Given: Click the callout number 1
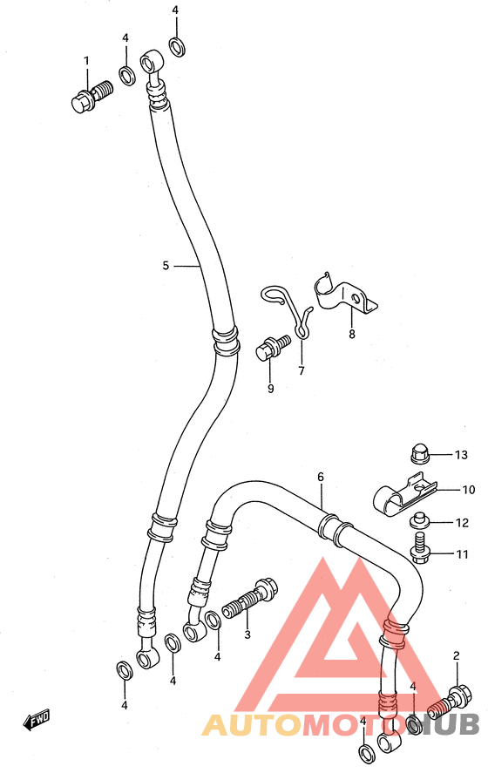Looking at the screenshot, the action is click(x=86, y=61).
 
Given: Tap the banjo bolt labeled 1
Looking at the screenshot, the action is click(x=92, y=96).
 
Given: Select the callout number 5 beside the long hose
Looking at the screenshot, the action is click(x=166, y=266).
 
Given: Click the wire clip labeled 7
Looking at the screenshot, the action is click(x=288, y=311).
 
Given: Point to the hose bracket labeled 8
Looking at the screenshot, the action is click(x=346, y=295).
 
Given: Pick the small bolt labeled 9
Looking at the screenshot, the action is click(x=273, y=347).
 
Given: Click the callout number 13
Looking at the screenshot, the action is click(x=461, y=455).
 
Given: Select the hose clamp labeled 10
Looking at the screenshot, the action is click(x=404, y=499).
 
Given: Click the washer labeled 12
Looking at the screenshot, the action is click(x=419, y=522).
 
